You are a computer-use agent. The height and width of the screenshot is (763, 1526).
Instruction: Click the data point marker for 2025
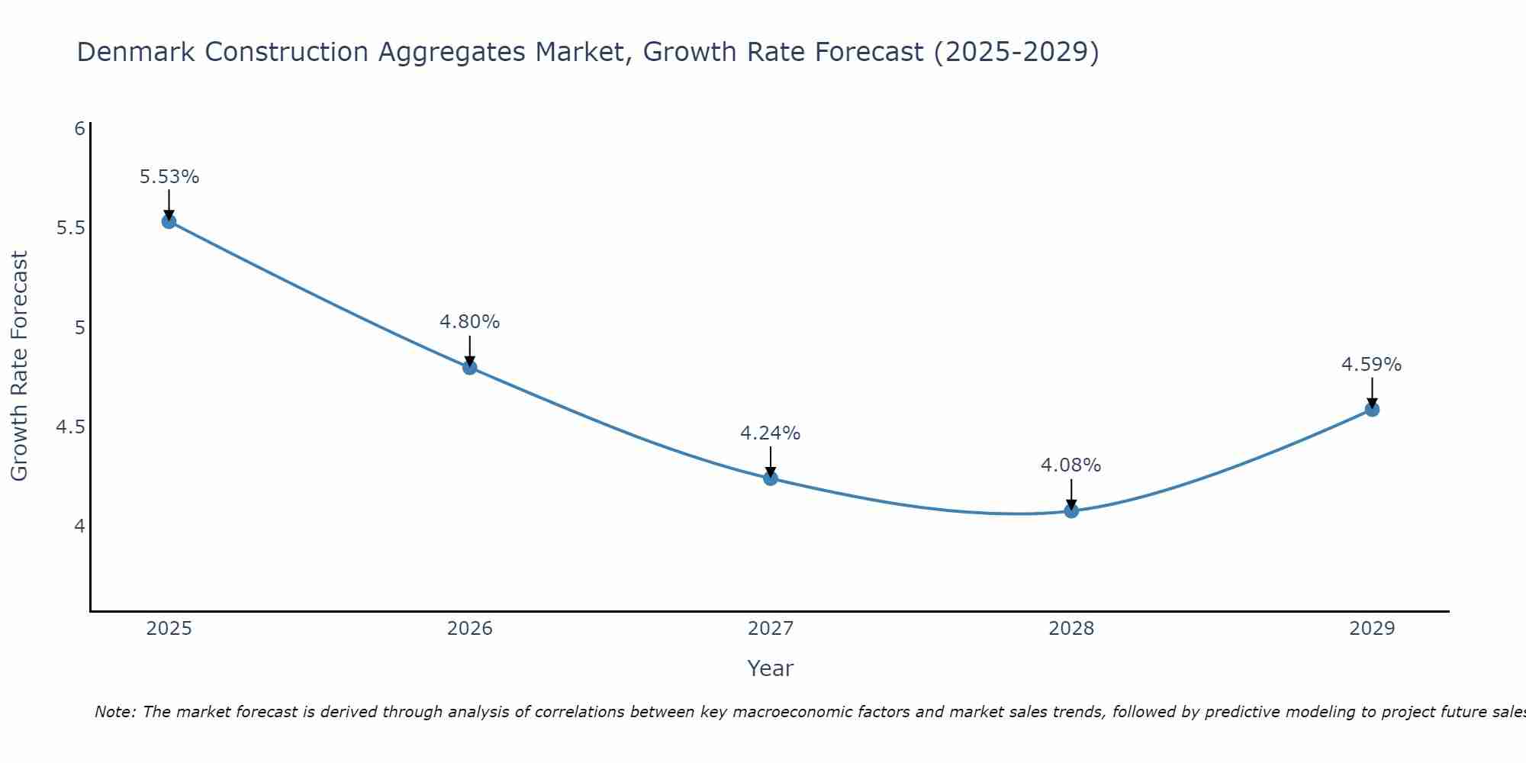[169, 221]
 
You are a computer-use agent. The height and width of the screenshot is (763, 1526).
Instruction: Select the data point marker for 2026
[469, 367]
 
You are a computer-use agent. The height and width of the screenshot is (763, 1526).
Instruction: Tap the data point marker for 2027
[770, 478]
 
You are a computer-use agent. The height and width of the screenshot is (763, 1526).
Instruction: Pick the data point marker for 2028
[1071, 510]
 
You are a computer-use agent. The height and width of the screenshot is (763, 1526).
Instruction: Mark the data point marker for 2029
[1372, 410]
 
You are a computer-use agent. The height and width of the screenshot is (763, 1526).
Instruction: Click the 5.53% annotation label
[169, 177]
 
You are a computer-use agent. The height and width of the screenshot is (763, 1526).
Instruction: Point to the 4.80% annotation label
[469, 322]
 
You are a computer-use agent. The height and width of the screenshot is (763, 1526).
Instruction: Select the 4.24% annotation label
[770, 433]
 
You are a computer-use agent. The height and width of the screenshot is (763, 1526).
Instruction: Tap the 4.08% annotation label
[1070, 465]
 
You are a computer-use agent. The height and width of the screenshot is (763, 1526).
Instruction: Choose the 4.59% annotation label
[1371, 365]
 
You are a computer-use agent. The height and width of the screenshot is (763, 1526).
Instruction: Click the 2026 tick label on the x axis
[469, 629]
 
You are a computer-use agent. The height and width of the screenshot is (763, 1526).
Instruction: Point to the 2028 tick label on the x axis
[1071, 629]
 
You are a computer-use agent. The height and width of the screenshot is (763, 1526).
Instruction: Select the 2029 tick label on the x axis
[1372, 629]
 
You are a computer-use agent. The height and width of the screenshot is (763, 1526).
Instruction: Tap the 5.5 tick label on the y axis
[70, 228]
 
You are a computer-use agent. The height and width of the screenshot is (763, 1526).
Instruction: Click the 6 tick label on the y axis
[79, 128]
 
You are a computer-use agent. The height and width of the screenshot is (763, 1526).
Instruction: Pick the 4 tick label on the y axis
[79, 526]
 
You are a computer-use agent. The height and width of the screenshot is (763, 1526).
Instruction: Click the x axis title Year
[770, 668]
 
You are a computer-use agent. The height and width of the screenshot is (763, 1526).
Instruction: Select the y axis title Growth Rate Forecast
[19, 366]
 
